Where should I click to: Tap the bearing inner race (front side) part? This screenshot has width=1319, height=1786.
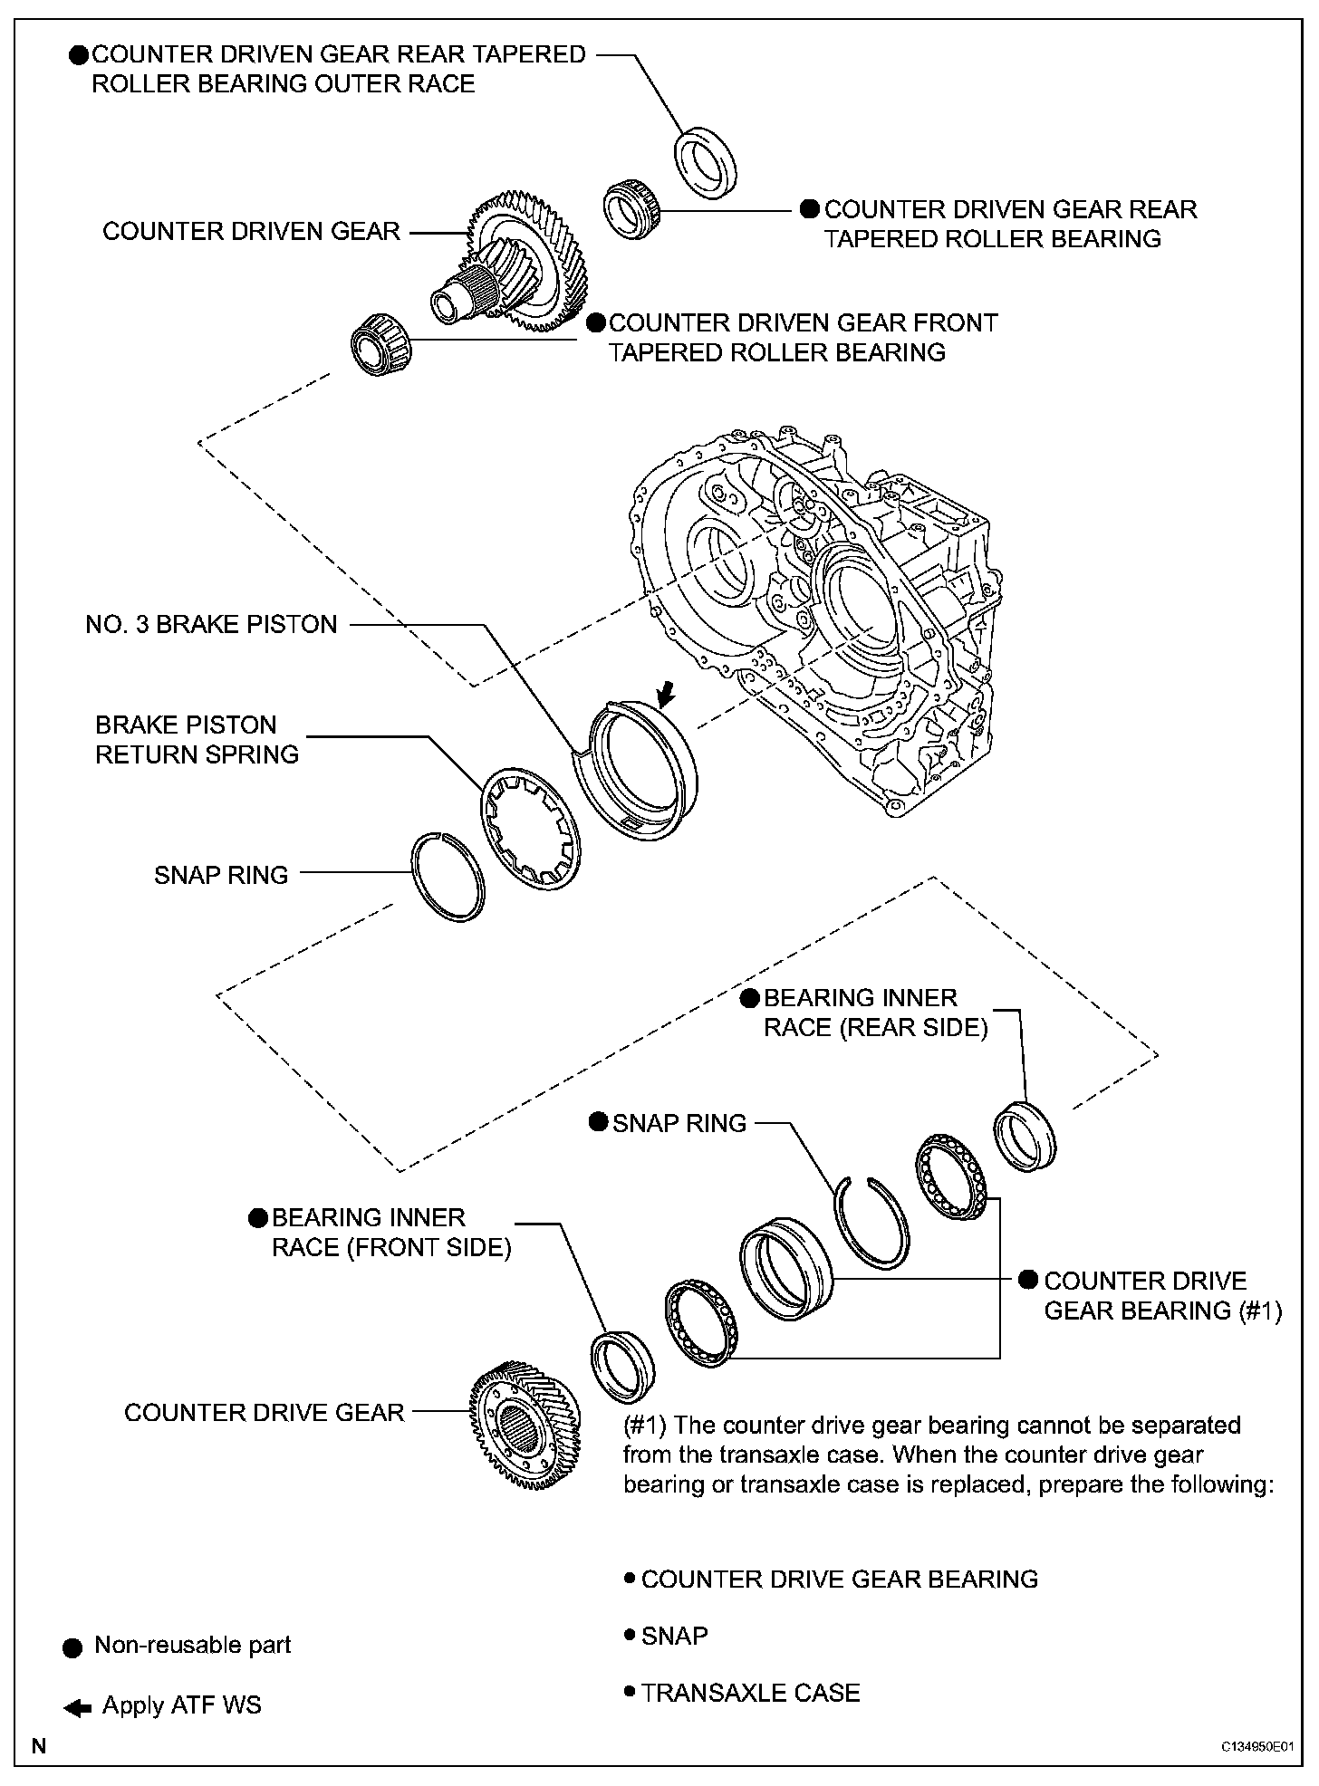click(621, 1365)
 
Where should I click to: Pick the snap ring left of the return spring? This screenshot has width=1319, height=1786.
click(448, 877)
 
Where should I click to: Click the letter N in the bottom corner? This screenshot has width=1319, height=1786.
click(38, 1745)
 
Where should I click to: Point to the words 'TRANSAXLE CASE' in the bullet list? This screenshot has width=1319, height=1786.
click(750, 1692)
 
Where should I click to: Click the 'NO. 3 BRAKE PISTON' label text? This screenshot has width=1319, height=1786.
click(211, 624)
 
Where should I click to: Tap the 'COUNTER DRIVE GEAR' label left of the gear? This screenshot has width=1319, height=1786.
click(264, 1413)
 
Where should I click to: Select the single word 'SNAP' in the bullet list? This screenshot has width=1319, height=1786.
click(674, 1635)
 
